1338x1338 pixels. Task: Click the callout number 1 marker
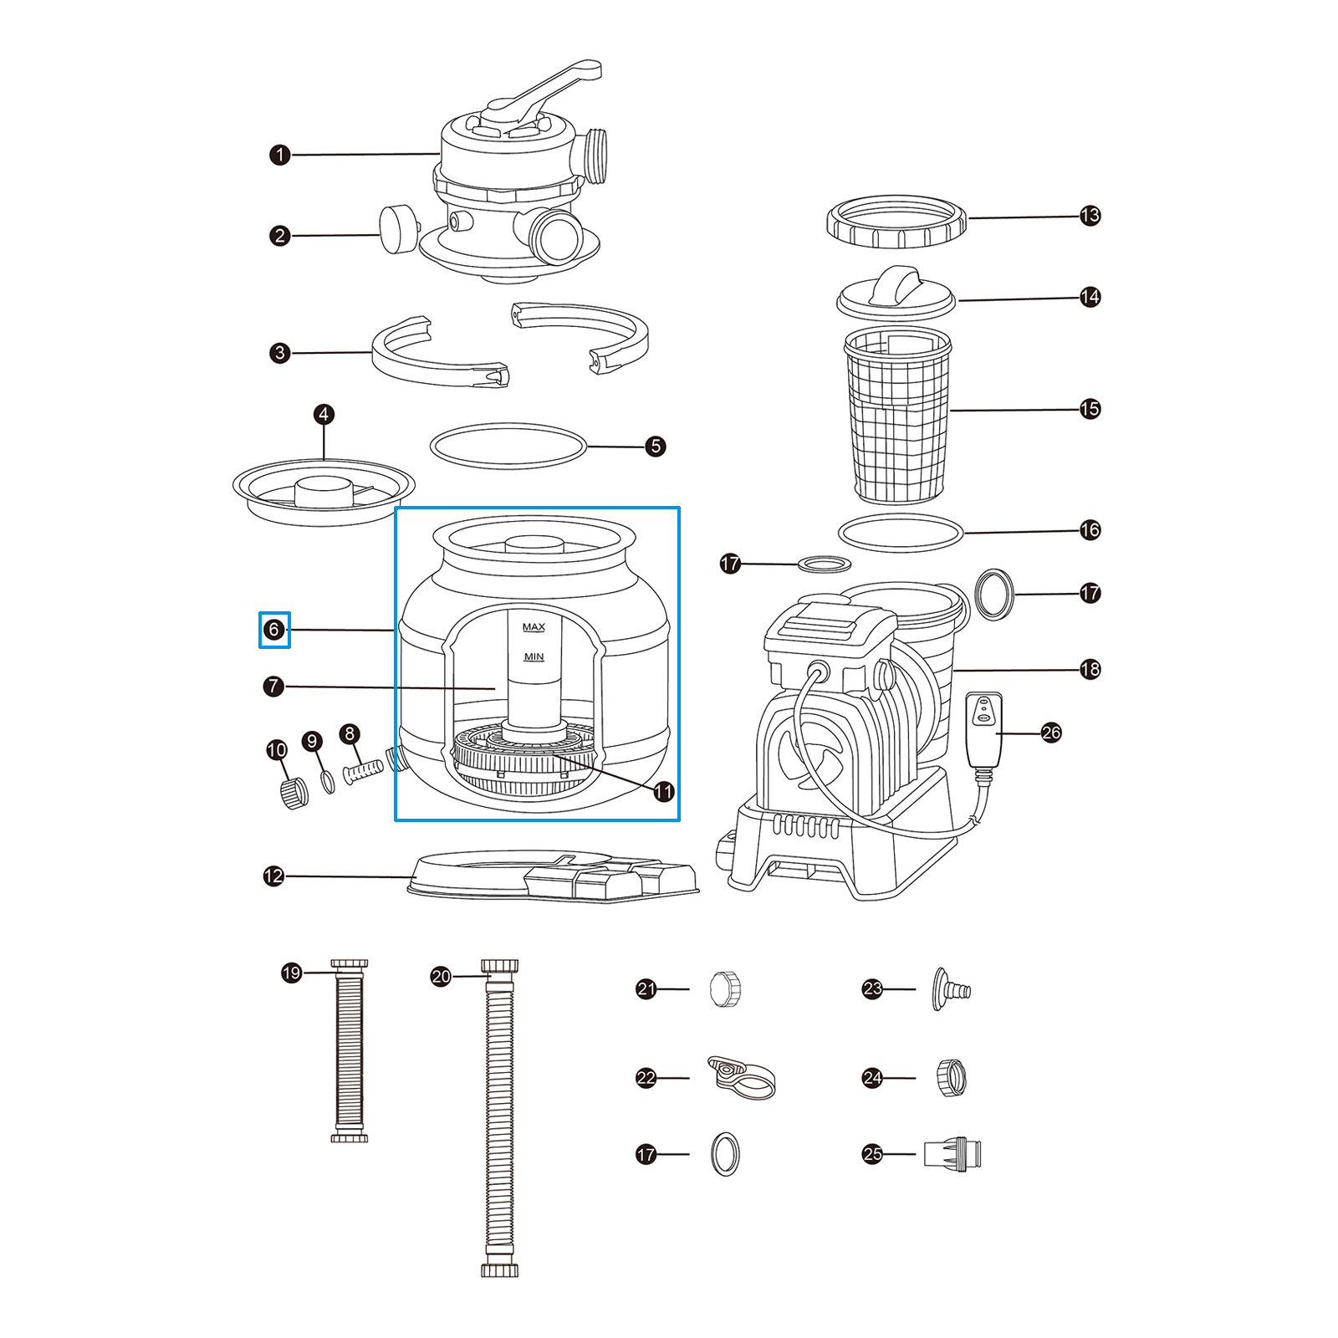[x=280, y=155]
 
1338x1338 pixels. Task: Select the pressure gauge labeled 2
[x=398, y=229]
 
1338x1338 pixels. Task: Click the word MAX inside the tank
[x=534, y=627]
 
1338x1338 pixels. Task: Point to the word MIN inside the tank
[x=534, y=657]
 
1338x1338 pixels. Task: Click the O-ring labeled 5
[x=508, y=446]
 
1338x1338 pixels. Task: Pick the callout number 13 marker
[x=1090, y=216]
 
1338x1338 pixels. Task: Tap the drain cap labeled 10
[x=293, y=792]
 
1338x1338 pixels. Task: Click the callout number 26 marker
[x=1051, y=733]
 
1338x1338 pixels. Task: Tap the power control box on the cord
[x=984, y=728]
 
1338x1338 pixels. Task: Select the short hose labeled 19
[x=350, y=1051]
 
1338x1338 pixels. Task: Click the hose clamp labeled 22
[x=742, y=1077]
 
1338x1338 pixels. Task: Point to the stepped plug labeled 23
[x=950, y=990]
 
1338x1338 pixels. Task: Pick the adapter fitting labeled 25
[x=952, y=1154]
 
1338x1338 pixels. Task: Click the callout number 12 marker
[x=273, y=876]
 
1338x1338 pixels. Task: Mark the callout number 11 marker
[x=663, y=791]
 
